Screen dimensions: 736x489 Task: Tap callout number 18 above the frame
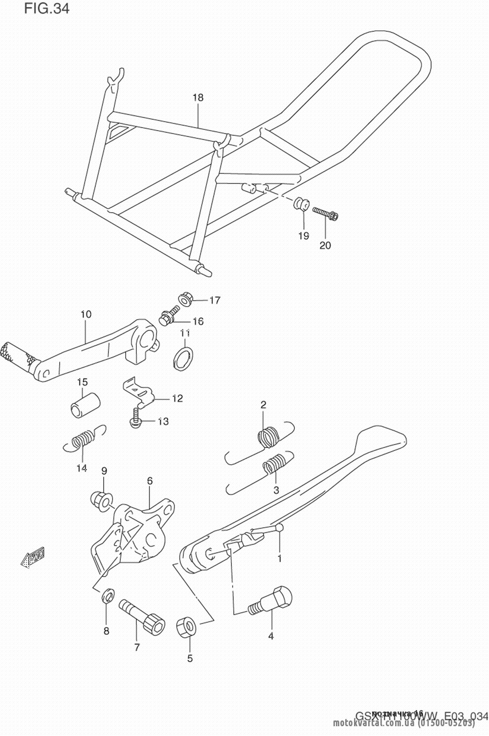198,97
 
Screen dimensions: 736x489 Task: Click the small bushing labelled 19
300,204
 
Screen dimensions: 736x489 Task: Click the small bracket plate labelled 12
138,389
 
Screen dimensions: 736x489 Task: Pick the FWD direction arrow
32,557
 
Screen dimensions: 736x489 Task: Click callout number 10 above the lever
86,314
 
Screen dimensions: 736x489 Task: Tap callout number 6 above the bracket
150,481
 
